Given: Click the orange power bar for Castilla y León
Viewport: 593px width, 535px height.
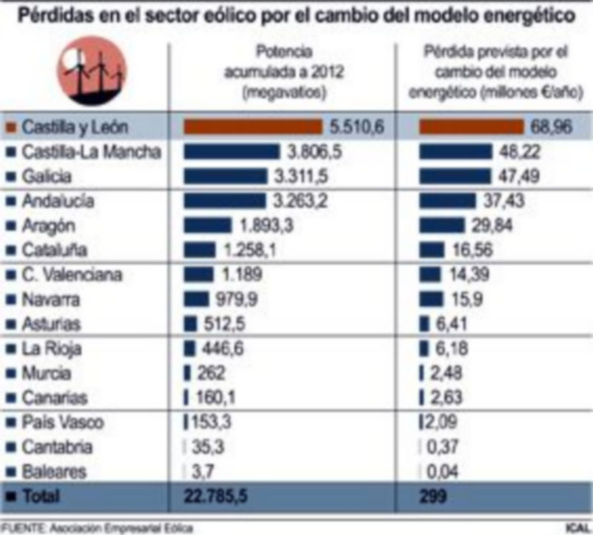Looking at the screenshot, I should (253, 127).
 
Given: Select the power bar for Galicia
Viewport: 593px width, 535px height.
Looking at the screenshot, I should (225, 177).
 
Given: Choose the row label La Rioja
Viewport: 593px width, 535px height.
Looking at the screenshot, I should (51, 349).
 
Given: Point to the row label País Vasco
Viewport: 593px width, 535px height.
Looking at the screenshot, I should (62, 423).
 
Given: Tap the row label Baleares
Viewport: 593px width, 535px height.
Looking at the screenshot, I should (54, 472).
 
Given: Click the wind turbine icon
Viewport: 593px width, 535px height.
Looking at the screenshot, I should (91, 70).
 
